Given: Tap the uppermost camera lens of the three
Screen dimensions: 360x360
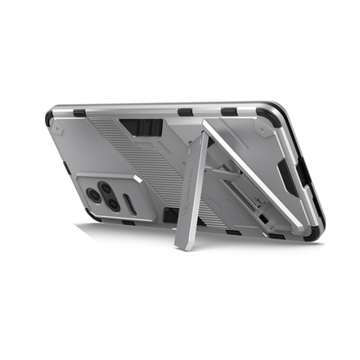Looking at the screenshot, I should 107,186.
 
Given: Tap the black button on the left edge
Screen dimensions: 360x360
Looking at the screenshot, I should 65,173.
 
